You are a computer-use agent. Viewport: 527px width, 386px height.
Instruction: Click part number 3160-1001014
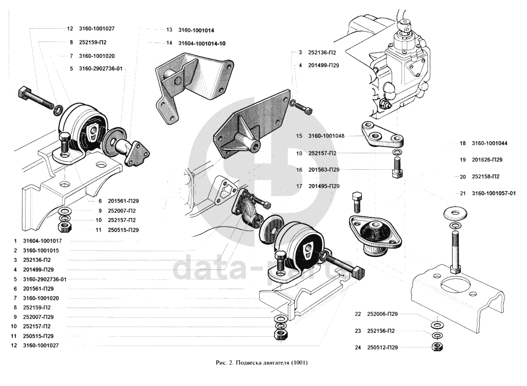(196, 30)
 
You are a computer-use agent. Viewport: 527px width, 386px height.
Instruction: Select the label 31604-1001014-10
(202, 44)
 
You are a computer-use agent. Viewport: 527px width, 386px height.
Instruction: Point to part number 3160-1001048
(326, 136)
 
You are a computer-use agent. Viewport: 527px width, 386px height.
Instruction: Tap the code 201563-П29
(324, 170)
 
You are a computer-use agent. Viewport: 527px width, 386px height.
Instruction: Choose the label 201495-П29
(324, 186)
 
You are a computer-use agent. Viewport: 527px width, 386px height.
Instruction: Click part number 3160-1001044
(490, 144)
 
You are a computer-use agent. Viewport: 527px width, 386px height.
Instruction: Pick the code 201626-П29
(487, 160)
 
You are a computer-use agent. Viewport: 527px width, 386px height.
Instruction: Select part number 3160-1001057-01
(493, 193)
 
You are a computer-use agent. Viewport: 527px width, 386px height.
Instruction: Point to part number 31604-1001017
(43, 241)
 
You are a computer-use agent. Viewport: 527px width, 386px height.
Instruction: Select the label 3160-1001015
(40, 250)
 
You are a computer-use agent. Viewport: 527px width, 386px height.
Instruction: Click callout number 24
(357, 348)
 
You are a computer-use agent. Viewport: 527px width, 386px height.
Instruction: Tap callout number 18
(462, 144)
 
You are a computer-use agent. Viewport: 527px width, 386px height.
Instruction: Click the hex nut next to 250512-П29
(437, 347)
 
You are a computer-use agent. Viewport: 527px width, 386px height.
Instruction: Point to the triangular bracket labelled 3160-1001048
(382, 136)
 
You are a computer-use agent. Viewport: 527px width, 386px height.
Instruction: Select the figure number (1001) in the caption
(300, 363)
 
